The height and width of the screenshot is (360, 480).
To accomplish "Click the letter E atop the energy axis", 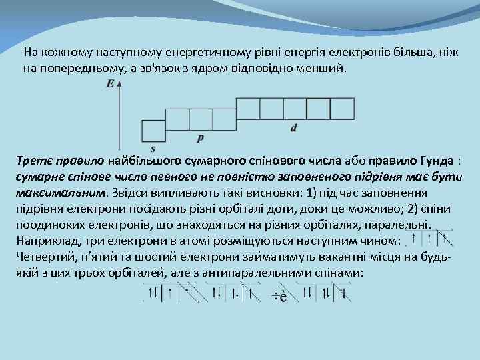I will tap(109, 83).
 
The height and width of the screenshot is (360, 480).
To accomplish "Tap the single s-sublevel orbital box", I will tap(153, 130).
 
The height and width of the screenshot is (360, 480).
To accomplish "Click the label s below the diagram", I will tap(153, 148).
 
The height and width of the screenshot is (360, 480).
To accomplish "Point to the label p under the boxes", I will tap(201, 138).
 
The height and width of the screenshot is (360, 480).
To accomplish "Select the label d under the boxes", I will tap(294, 127).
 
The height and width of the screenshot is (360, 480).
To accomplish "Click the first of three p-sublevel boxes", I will tap(177, 119).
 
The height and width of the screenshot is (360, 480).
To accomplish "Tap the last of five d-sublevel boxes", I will tap(342, 108).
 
